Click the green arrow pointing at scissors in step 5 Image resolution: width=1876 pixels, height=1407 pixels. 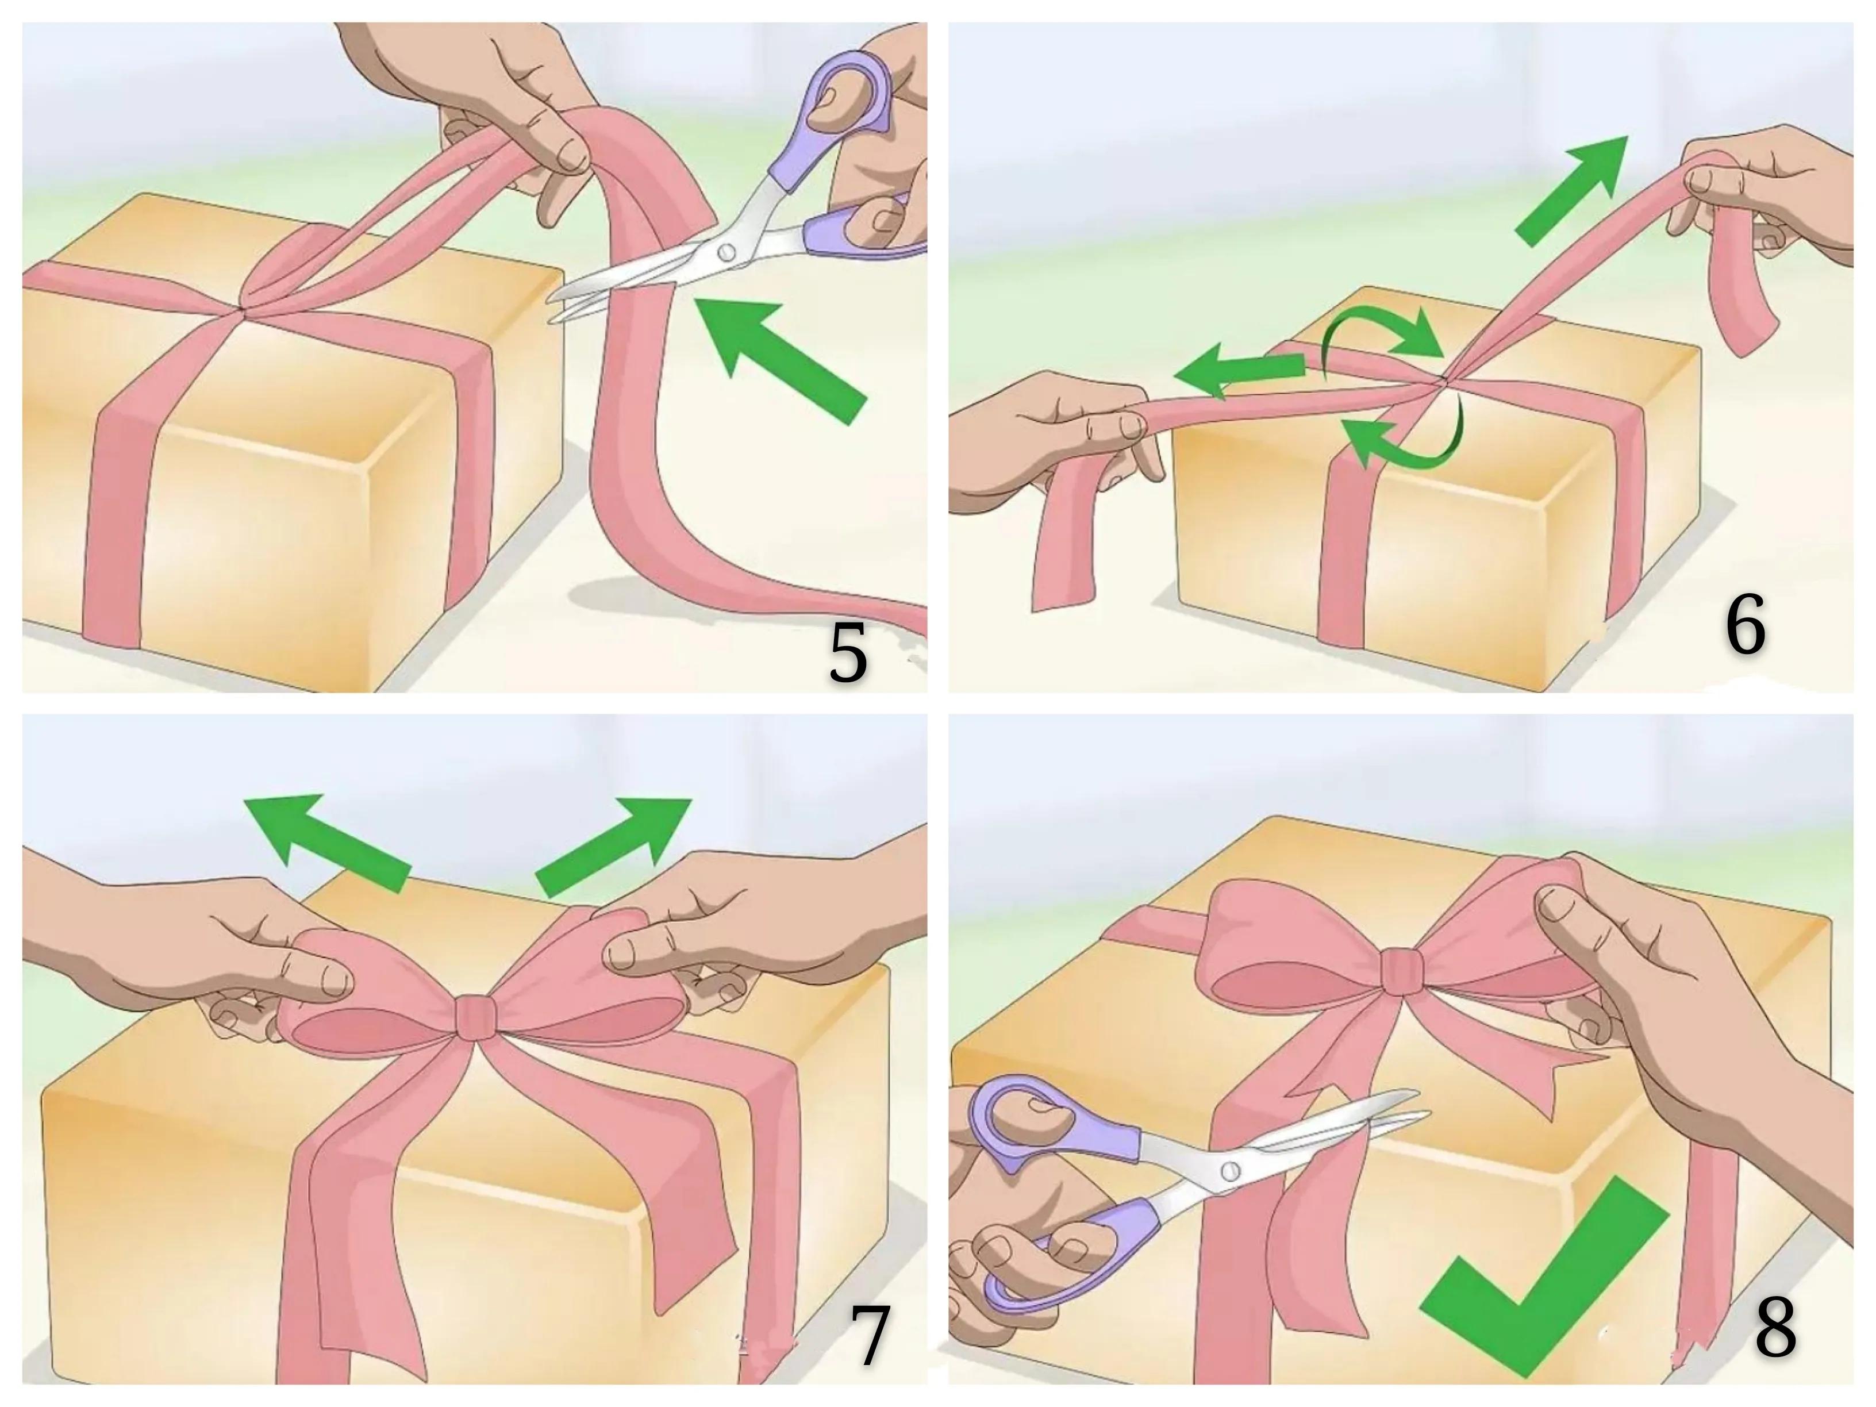coord(781,357)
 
